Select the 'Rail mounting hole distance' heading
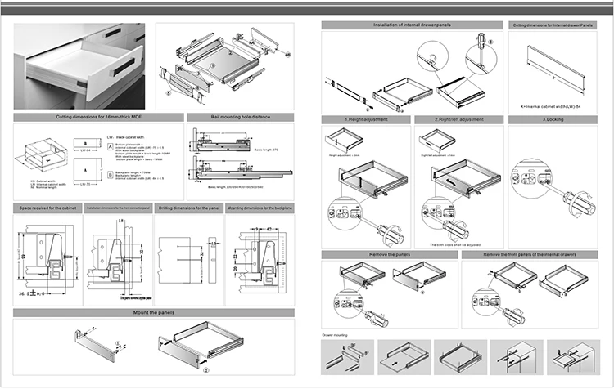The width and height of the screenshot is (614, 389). (239, 118)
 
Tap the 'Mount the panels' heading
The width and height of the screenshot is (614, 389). (155, 313)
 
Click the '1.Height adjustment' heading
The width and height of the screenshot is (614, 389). (365, 120)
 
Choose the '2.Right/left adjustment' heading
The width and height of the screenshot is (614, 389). (457, 120)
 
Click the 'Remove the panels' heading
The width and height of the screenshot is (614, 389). (388, 255)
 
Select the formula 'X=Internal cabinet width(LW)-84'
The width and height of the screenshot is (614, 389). (556, 106)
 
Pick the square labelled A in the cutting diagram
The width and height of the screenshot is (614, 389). (109, 147)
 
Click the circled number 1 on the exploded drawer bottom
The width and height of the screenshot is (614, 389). (211, 61)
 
